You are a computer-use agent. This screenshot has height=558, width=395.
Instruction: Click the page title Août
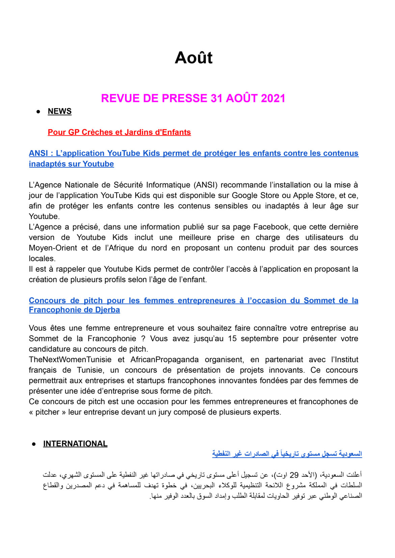(x=193, y=58)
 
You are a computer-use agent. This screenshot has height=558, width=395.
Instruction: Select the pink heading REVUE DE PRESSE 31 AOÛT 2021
(x=193, y=98)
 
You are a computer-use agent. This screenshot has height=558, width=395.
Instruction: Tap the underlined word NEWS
(x=59, y=111)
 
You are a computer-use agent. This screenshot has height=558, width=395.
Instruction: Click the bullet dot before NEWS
(x=38, y=111)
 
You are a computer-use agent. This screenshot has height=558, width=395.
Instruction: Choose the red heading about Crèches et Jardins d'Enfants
(x=119, y=132)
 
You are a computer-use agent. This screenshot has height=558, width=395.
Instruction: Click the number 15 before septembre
(x=232, y=338)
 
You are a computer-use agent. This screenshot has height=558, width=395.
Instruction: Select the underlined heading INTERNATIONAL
(x=75, y=444)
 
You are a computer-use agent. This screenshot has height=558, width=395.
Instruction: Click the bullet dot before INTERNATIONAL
(x=34, y=444)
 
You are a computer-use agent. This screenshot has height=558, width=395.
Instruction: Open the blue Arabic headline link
(x=287, y=454)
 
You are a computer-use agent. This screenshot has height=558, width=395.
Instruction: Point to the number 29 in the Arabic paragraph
(x=294, y=475)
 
